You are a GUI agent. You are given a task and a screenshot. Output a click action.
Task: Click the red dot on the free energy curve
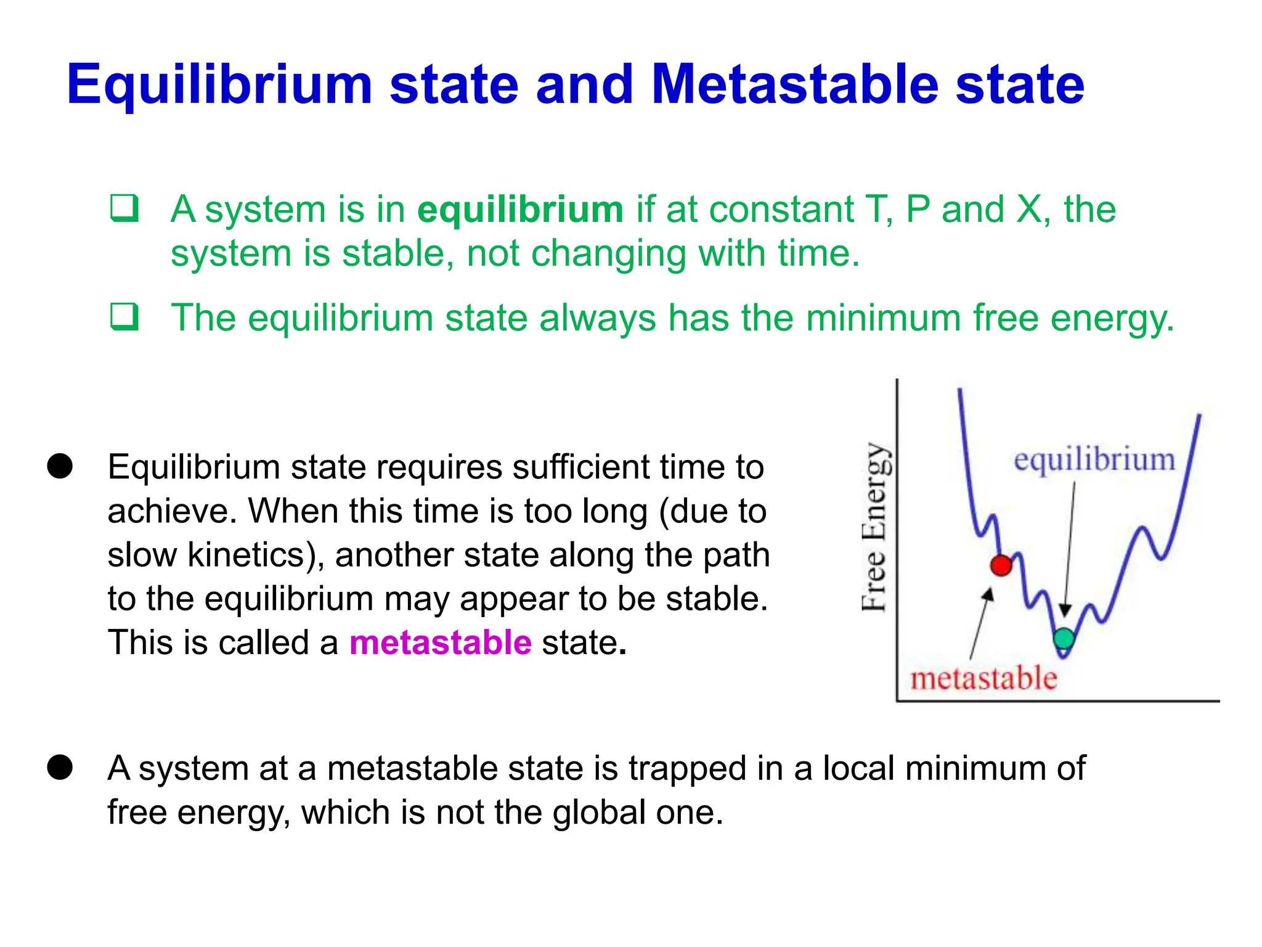(1001, 565)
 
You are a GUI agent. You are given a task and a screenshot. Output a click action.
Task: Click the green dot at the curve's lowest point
(1064, 638)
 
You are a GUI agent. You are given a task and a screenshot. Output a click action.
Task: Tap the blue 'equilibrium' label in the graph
(1094, 460)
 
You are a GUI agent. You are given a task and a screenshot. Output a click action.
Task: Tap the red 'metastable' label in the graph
(983, 678)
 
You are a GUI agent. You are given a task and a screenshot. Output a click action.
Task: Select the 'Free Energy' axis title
(874, 527)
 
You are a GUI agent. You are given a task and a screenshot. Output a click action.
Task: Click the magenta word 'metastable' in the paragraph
(440, 642)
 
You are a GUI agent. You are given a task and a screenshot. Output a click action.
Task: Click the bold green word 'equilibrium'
(520, 210)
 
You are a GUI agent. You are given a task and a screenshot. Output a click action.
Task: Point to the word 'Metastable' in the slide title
(795, 84)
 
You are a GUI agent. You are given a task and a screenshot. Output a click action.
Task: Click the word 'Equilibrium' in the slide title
(219, 84)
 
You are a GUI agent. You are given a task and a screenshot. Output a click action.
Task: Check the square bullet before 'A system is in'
(124, 208)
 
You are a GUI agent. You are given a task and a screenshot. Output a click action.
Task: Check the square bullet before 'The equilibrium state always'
(124, 317)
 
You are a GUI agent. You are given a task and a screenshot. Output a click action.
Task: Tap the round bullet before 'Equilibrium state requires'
(60, 466)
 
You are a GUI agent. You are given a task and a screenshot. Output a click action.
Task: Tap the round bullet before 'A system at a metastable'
(60, 768)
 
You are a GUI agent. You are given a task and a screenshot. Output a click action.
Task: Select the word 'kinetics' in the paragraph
(246, 555)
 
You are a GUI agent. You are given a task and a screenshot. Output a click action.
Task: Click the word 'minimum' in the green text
(883, 318)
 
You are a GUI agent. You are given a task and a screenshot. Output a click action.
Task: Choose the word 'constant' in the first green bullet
(781, 210)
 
